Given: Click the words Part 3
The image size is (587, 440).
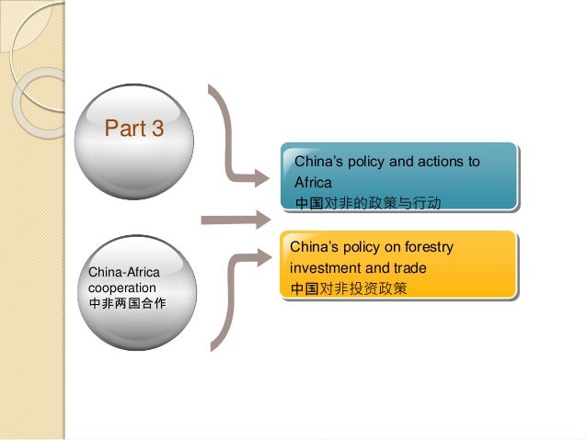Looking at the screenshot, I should [134, 129].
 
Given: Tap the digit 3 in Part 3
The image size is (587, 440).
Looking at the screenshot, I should [158, 129].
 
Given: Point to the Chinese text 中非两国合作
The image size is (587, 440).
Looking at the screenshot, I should [127, 302].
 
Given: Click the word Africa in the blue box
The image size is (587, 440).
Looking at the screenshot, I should [312, 182].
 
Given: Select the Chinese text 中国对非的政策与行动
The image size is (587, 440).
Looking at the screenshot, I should [367, 201].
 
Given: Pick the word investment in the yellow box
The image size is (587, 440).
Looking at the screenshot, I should [323, 268].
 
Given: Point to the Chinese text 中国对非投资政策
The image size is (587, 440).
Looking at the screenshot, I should [349, 288].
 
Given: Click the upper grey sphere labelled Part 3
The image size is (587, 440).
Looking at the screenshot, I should [135, 147].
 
